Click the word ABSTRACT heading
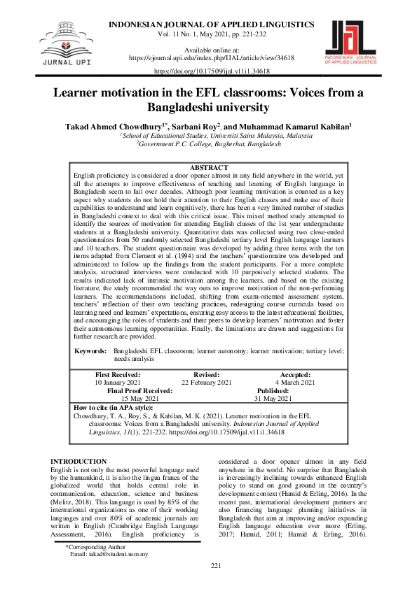point(209,168)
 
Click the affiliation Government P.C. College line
point(209,143)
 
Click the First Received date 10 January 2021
point(117,383)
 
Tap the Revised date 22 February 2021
point(206,383)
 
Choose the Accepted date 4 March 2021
point(295,383)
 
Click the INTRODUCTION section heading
point(79,442)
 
